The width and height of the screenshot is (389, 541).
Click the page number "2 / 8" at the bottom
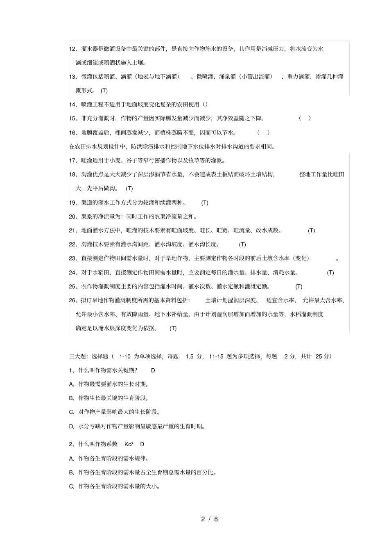coord(209,519)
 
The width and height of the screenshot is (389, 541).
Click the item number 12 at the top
coord(72,49)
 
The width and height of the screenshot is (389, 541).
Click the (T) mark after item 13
coord(104,91)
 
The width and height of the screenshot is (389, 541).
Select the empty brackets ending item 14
coord(205,105)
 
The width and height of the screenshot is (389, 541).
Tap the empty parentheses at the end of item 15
coord(305,119)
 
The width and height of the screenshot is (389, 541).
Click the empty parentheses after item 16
coord(263,132)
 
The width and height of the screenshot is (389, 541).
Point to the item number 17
coord(72,161)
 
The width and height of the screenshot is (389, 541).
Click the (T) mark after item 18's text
coord(129,189)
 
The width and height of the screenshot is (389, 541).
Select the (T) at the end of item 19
coord(205,203)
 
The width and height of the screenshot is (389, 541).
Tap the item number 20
coord(72,217)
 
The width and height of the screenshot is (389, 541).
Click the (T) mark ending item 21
coord(311,231)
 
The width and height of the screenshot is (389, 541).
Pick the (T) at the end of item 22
coord(242,244)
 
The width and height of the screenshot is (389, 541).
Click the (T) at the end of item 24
coord(330,273)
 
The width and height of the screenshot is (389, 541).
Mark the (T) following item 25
coord(299,287)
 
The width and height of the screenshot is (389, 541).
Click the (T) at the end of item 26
coord(173,328)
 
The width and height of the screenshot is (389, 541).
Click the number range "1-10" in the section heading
coord(124,356)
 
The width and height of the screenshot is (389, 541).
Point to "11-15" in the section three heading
coord(216,356)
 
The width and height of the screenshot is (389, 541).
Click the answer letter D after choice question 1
coord(153,370)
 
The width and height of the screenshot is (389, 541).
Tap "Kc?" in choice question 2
coord(129,444)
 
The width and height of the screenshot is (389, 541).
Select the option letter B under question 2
coord(71,473)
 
